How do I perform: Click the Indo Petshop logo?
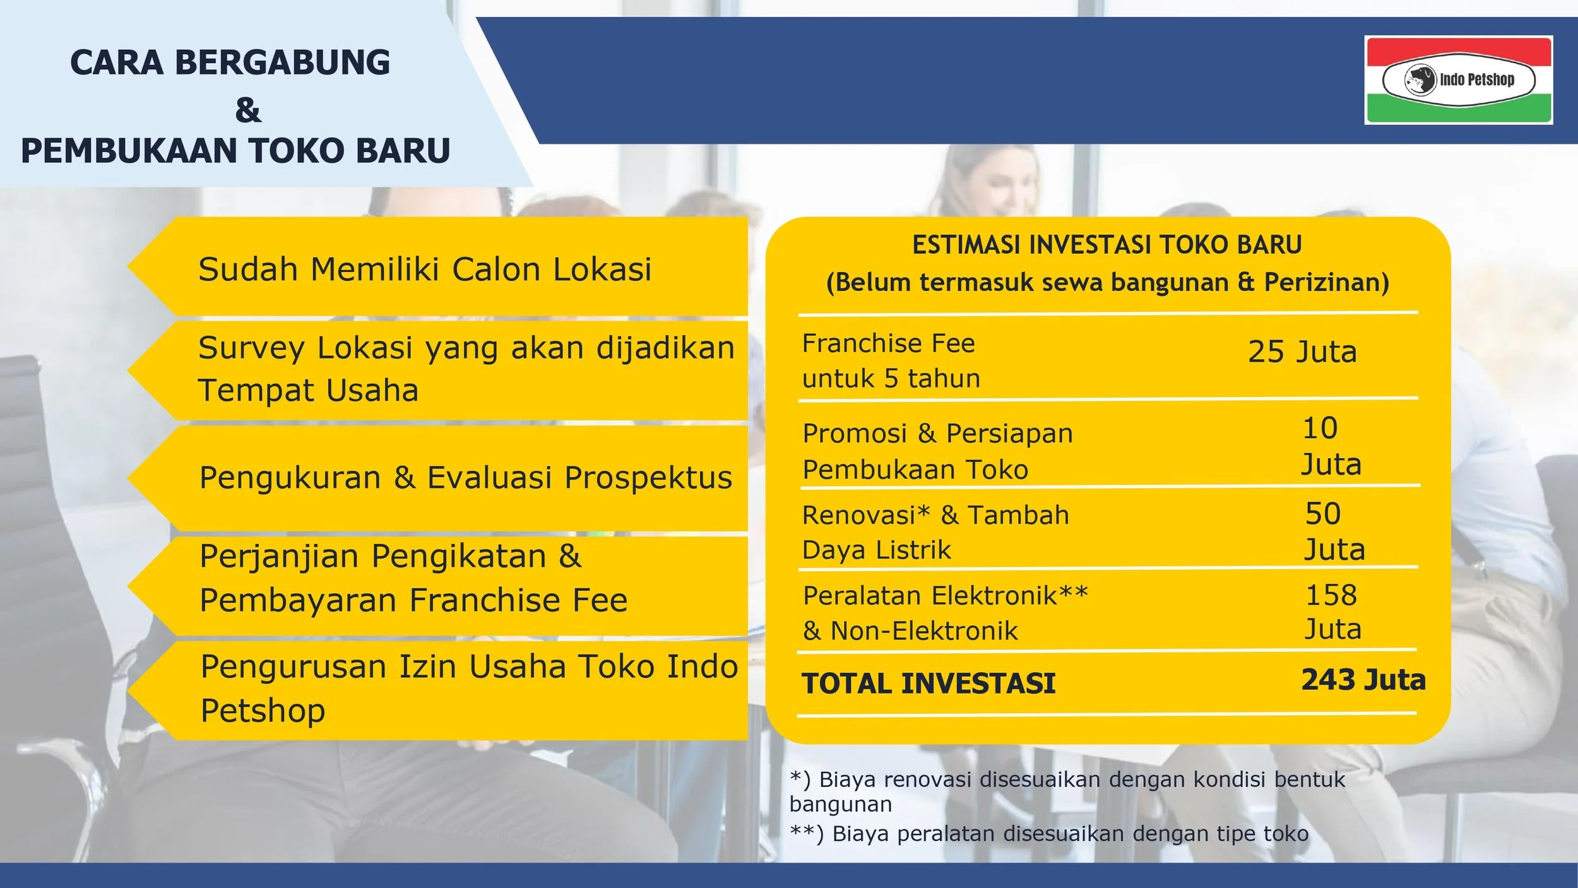click(1458, 80)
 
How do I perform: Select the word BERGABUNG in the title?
click(282, 62)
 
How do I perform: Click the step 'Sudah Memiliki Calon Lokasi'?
click(425, 269)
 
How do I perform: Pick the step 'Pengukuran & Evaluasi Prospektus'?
click(466, 478)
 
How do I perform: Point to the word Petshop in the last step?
click(263, 710)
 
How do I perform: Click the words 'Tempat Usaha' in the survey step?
click(308, 390)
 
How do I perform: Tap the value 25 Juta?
click(1302, 352)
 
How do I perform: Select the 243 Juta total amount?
click(1363, 680)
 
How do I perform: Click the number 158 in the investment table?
click(1331, 595)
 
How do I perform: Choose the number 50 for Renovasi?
click(1323, 513)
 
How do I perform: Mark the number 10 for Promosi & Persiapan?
click(1320, 428)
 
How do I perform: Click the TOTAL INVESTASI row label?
click(928, 684)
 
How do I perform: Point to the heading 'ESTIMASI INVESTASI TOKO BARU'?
click(1107, 245)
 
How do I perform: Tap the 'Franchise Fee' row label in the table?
click(889, 344)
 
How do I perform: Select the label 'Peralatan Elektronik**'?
click(946, 595)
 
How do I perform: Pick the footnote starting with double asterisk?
click(1049, 834)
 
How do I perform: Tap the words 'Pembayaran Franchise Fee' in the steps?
click(414, 600)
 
